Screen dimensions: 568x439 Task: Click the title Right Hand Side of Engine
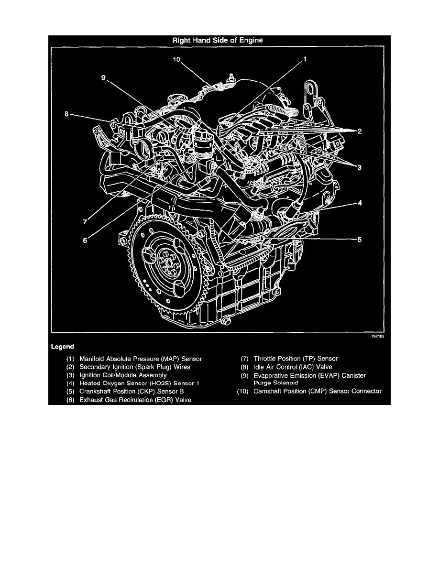(218, 41)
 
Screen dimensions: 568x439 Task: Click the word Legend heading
(62, 346)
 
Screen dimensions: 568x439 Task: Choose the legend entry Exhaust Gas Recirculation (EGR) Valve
(135, 400)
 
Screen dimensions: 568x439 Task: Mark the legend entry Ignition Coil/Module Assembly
(123, 375)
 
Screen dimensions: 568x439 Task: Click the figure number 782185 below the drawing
(377, 337)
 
